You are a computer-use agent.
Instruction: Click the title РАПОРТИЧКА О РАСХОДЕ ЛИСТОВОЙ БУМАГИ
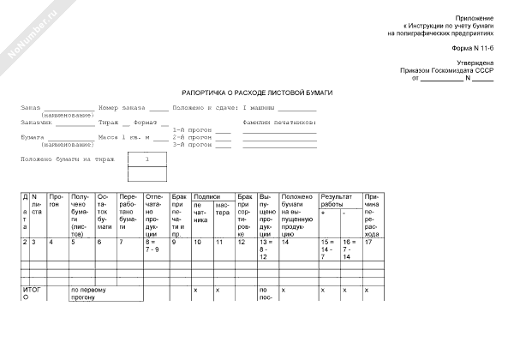pyautogui.click(x=257, y=91)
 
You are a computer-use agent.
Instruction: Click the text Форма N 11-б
pyautogui.click(x=475, y=49)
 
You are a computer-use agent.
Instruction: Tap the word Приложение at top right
pyautogui.click(x=475, y=18)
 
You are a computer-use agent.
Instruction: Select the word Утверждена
pyautogui.click(x=475, y=63)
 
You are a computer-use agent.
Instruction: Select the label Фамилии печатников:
pyautogui.click(x=279, y=122)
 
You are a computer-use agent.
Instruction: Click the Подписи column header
pyautogui.click(x=207, y=196)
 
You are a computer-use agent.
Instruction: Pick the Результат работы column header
pyautogui.click(x=337, y=201)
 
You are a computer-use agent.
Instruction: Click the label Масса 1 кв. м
pyautogui.click(x=123, y=137)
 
